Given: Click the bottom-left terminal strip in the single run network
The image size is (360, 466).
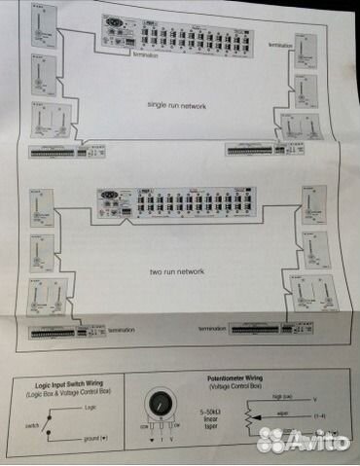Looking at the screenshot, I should [53, 153].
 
